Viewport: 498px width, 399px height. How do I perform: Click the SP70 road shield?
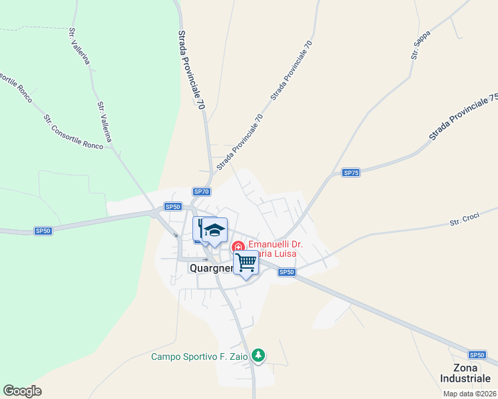pos(202,192)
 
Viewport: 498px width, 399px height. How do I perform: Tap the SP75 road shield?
pos(351,173)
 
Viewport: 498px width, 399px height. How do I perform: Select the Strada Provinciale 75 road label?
pos(463,116)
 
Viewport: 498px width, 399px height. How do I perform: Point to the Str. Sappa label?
pos(420,45)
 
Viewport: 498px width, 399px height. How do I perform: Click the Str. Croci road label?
pos(465,220)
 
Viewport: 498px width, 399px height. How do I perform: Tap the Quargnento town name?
pos(211,269)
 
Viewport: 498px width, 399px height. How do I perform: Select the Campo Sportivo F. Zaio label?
pos(199,356)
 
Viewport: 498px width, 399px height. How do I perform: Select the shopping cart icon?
pos(246,263)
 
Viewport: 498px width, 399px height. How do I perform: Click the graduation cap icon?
pos(215,231)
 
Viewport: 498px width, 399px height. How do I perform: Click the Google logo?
pos(22,391)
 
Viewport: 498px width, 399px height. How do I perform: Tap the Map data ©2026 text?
pos(469,394)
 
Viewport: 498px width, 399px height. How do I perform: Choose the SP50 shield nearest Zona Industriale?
pos(476,355)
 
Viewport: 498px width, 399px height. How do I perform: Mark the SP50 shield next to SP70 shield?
pos(172,206)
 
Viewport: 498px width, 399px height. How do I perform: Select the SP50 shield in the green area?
pos(43,231)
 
